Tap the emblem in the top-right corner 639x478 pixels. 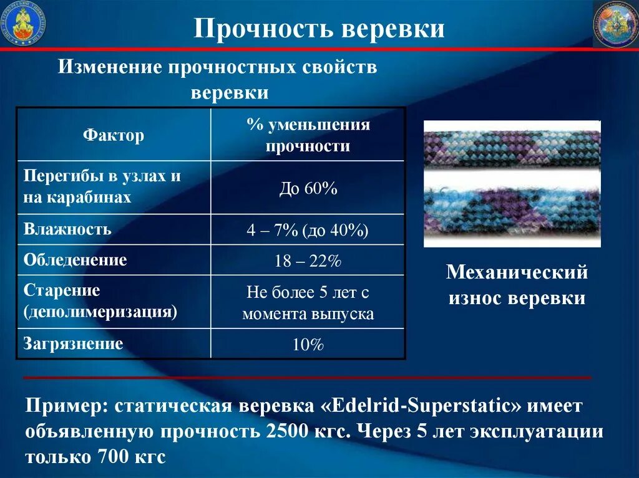click(615, 24)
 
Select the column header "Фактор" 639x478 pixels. click(114, 135)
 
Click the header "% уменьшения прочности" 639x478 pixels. click(308, 135)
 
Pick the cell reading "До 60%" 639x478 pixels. click(308, 189)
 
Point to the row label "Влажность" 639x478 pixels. click(67, 229)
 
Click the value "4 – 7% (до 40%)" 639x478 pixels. click(308, 230)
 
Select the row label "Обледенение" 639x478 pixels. click(75, 260)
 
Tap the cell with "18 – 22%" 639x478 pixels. click(308, 261)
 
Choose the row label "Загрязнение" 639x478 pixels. click(73, 343)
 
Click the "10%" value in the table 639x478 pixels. click(308, 345)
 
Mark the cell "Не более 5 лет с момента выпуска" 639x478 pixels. click(308, 303)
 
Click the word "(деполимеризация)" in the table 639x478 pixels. click(100, 312)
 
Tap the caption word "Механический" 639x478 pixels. click(517, 272)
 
